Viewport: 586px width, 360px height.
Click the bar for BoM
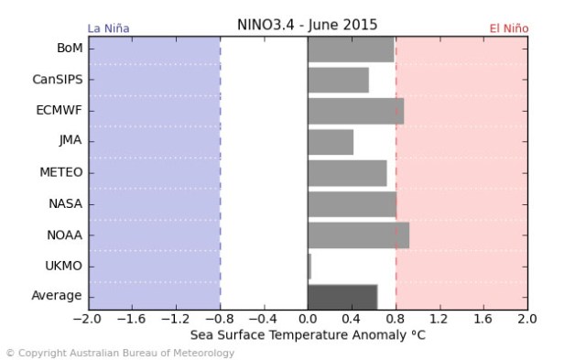351,49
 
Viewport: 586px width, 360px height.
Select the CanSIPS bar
338,81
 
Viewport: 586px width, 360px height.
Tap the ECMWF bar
355,111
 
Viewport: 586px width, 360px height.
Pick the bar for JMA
331,142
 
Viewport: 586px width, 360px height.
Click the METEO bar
347,173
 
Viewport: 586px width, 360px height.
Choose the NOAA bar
358,235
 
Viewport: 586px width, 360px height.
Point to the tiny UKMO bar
309,266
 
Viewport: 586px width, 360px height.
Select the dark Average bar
342,297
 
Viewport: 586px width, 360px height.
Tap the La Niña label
108,28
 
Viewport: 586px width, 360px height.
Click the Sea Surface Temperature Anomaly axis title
308,335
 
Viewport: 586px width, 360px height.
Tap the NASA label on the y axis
66,204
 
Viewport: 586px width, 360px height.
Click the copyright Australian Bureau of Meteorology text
120,353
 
